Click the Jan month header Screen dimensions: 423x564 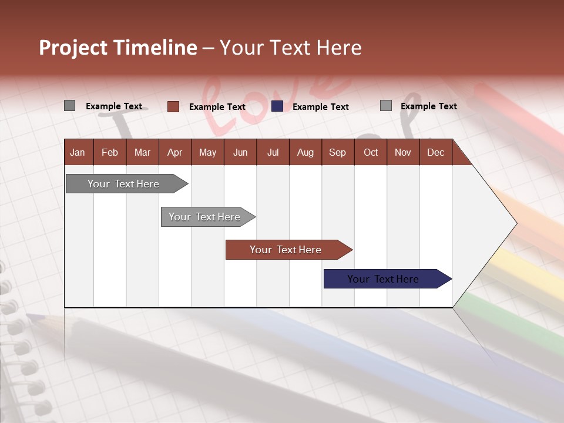(x=78, y=152)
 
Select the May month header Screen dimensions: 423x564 (x=207, y=152)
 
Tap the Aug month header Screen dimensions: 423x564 (x=305, y=152)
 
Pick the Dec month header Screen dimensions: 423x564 (x=435, y=152)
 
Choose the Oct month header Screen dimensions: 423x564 (x=371, y=152)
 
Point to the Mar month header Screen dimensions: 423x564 (x=142, y=152)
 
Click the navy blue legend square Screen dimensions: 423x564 (x=277, y=106)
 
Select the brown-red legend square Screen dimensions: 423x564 (x=173, y=106)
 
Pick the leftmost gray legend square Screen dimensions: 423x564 (x=69, y=106)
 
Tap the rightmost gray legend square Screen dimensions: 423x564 (x=386, y=106)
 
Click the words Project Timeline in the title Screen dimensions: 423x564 (x=117, y=48)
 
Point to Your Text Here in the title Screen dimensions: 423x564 (x=291, y=48)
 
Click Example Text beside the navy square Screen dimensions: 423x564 (x=320, y=107)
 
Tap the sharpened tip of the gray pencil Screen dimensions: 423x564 (x=29, y=317)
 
